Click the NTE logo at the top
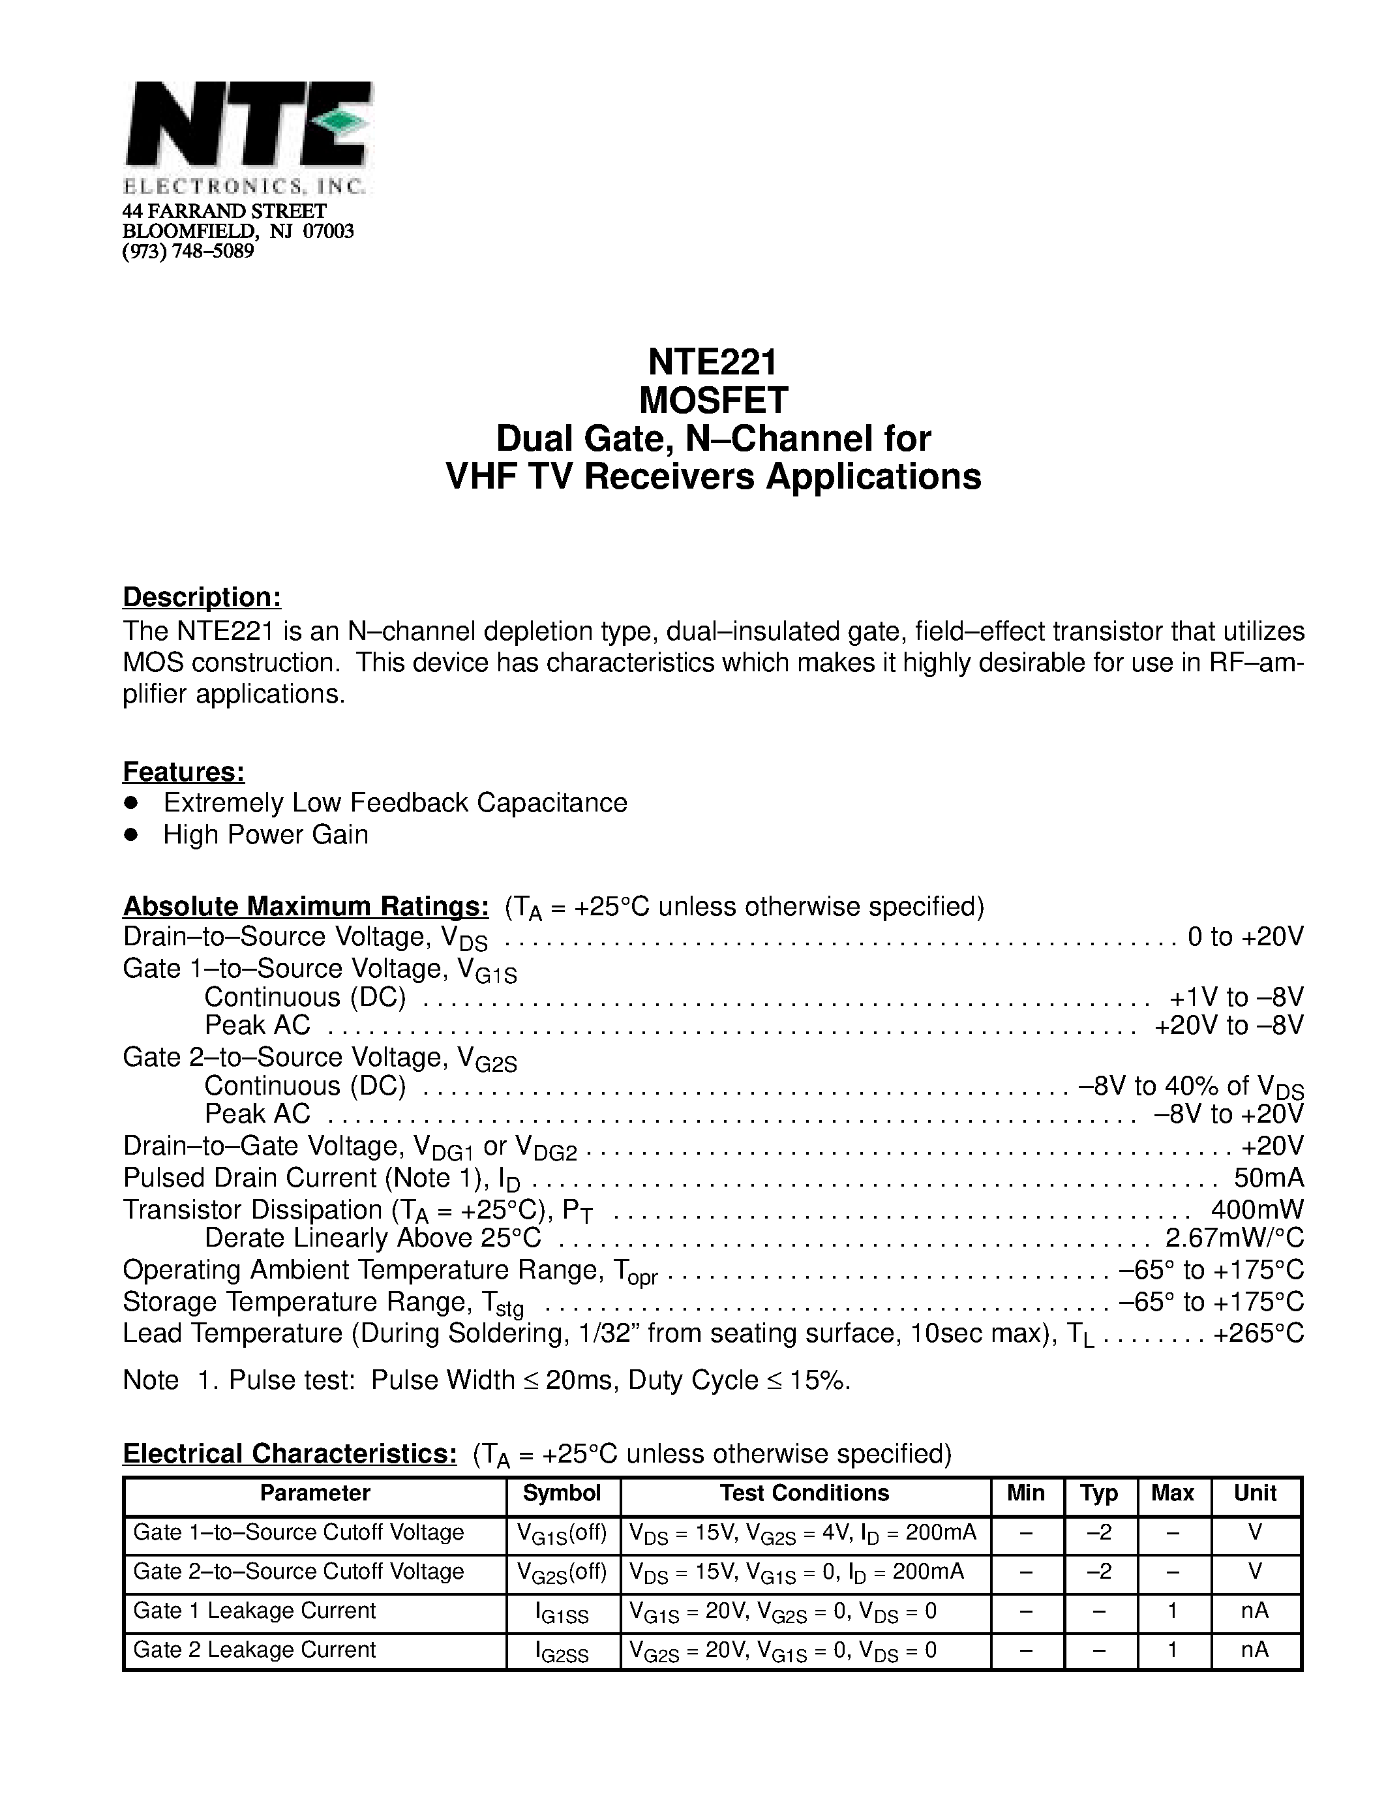point(248,126)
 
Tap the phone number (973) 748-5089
point(188,251)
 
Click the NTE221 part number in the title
point(712,362)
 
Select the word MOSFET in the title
point(713,401)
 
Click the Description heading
point(202,597)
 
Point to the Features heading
point(184,772)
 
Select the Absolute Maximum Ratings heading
point(305,906)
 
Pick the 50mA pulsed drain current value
point(1268,1178)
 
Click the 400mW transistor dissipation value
point(1257,1210)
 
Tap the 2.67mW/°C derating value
point(1234,1238)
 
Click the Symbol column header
point(562,1493)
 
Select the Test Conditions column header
point(805,1493)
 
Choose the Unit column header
point(1255,1493)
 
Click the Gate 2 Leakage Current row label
point(254,1649)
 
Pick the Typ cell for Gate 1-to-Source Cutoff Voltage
point(1100,1532)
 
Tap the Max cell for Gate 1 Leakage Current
point(1173,1611)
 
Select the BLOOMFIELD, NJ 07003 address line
point(238,232)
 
